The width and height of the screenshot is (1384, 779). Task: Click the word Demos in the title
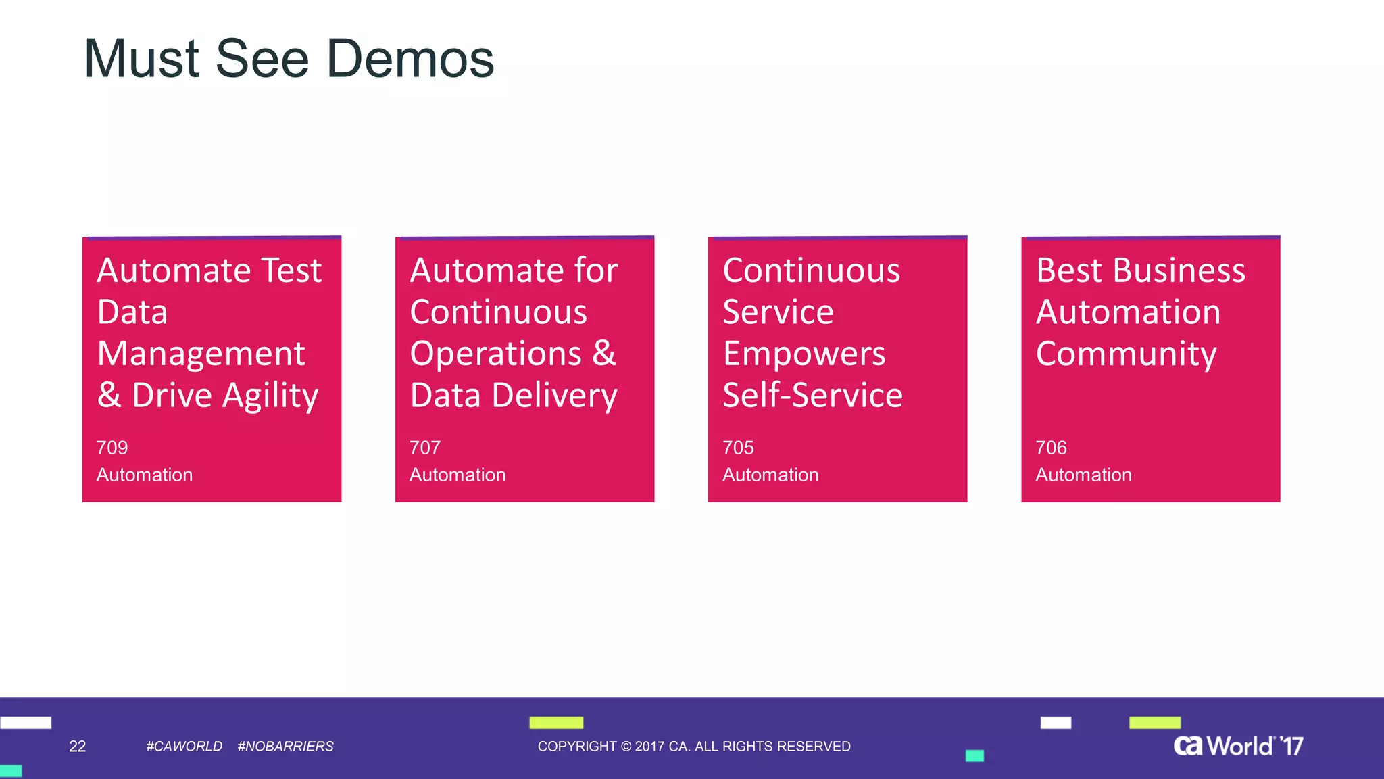pos(410,60)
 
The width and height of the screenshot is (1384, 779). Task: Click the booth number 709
pos(112,448)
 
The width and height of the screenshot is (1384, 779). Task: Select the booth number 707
pos(425,448)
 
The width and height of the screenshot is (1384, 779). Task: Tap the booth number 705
pos(738,448)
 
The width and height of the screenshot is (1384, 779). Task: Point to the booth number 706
pos(1051,448)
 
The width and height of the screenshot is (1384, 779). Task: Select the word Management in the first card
pos(201,354)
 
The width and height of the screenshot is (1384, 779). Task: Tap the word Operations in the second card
pos(495,354)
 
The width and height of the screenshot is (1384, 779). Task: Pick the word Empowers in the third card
pos(804,354)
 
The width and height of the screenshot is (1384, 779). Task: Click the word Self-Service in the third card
pos(812,396)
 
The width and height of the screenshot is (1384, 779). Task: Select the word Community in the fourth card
pos(1127,354)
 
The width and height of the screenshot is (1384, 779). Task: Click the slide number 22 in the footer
pos(78,747)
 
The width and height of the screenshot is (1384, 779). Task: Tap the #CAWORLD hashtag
pos(184,747)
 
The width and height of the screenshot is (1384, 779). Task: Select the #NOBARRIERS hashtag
pos(285,747)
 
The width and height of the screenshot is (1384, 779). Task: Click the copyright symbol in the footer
pos(626,747)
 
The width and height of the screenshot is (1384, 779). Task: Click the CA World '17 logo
pos(1238,746)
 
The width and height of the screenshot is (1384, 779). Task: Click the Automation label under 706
pos(1083,475)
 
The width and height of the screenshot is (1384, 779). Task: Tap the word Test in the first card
pos(291,270)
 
